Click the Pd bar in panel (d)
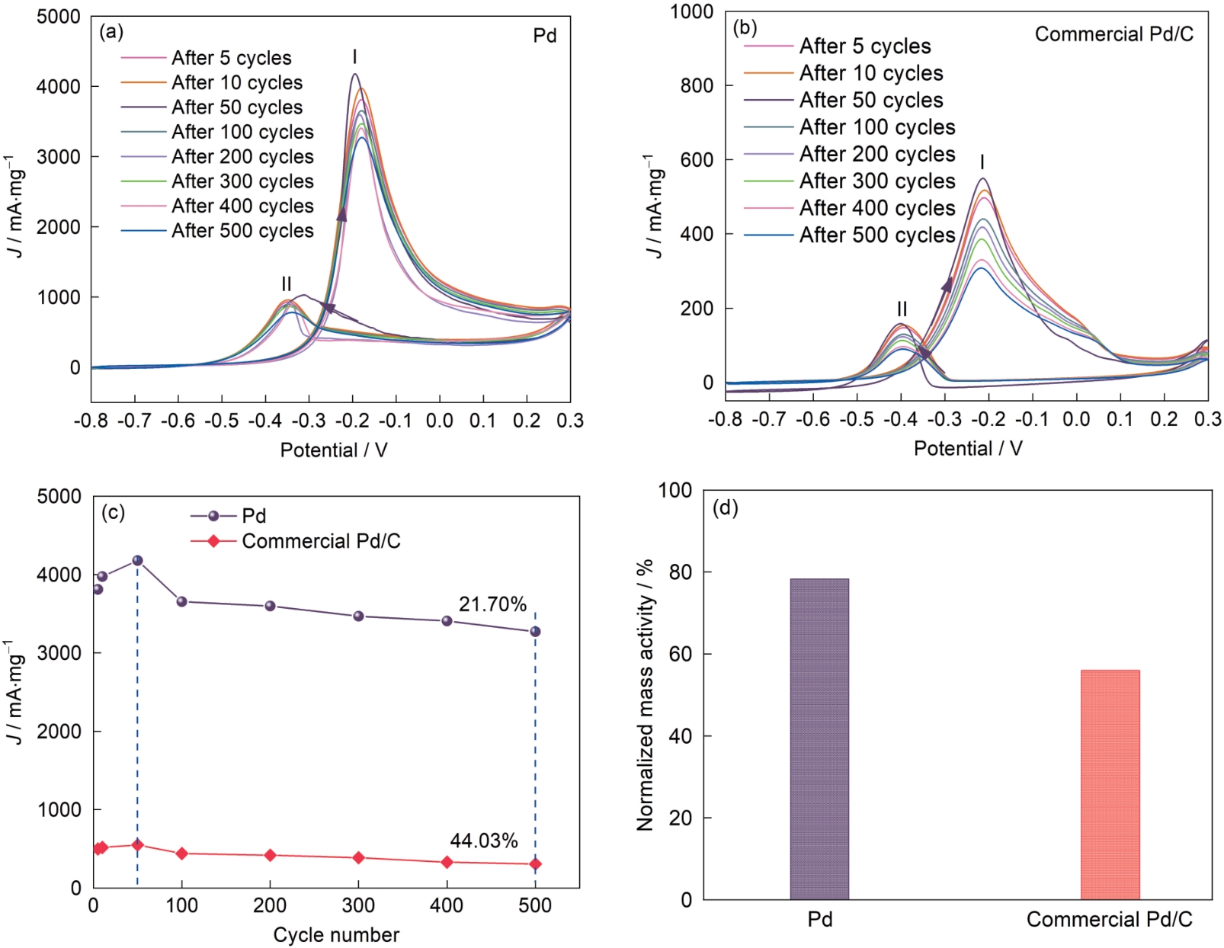[819, 739]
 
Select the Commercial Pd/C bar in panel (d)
[1110, 785]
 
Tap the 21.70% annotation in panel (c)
[492, 604]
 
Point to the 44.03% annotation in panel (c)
[484, 841]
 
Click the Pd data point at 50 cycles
[137, 560]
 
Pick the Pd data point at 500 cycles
[535, 631]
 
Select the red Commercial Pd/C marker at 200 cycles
[270, 855]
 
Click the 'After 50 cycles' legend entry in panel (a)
[236, 107]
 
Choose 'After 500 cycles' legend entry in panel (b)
[876, 235]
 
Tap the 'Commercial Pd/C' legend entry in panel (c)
[320, 541]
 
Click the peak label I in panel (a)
[354, 57]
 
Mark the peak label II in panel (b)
[902, 309]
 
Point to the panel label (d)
[725, 508]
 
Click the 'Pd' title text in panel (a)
[544, 36]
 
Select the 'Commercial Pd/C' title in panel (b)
[1113, 34]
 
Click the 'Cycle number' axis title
[336, 934]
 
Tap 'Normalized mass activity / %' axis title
[645, 694]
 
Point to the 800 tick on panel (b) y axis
[697, 85]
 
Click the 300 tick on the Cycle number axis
[358, 905]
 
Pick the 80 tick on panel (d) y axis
[686, 572]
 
